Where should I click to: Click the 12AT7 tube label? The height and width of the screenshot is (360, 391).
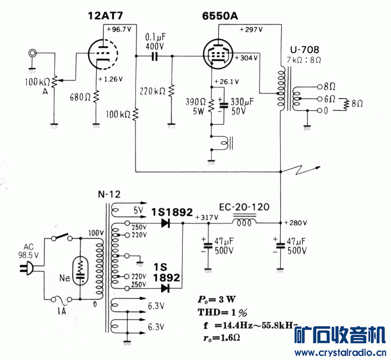coord(106,16)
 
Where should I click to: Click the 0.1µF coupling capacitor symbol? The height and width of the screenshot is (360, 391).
coord(155,57)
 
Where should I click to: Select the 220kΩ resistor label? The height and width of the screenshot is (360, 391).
coord(153,91)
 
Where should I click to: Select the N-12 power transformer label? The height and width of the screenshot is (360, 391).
coord(105,194)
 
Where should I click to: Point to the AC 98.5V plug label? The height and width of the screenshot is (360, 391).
coord(28,251)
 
